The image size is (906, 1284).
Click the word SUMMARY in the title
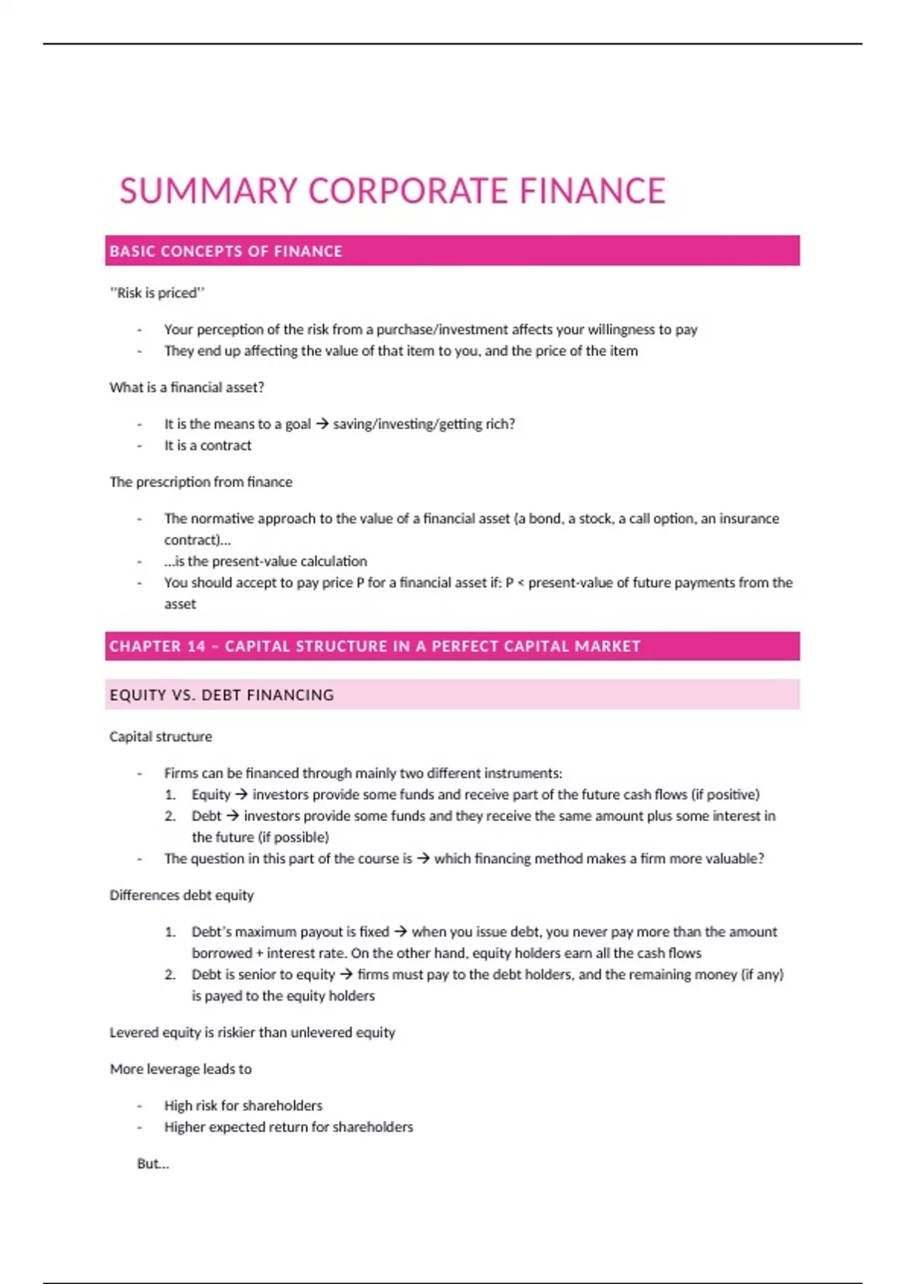(x=208, y=191)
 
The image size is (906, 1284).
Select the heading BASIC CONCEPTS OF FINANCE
(x=226, y=252)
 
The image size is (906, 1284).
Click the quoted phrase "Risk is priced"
(x=157, y=293)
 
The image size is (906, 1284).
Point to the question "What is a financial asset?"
(x=186, y=387)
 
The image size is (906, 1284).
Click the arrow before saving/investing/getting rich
(x=322, y=424)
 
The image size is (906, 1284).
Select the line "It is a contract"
(x=208, y=446)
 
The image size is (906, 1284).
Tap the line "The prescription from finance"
(x=201, y=482)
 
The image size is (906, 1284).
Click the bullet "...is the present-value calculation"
(x=265, y=561)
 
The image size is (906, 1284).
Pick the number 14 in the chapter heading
(x=196, y=647)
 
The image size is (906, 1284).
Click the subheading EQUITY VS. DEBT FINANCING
(x=221, y=695)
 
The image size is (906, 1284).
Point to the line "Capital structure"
(x=161, y=736)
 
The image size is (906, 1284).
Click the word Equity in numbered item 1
(x=211, y=795)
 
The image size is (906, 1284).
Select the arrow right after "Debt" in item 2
(x=233, y=816)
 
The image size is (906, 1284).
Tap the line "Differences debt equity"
(x=181, y=895)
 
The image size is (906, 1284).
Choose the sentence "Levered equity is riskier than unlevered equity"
(x=252, y=1032)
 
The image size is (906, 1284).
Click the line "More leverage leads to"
(x=180, y=1069)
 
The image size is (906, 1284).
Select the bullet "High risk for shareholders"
(x=243, y=1106)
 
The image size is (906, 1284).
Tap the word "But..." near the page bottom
(x=153, y=1164)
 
